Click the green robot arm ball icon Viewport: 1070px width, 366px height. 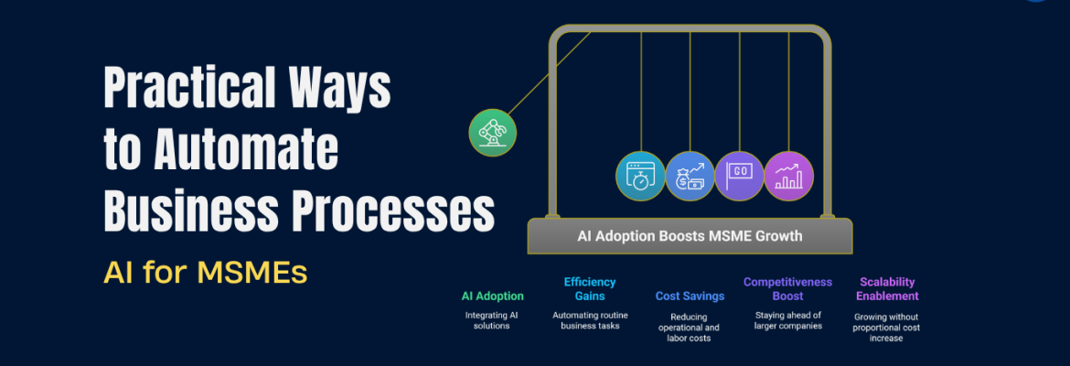[492, 132]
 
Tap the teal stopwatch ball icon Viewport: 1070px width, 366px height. [640, 176]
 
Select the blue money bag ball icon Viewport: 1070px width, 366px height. [690, 176]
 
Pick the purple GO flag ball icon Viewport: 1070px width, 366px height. [739, 176]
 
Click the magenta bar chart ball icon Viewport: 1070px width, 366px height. [788, 176]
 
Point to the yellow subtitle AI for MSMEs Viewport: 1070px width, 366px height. [205, 272]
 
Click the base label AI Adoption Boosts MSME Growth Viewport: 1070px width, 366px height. [690, 236]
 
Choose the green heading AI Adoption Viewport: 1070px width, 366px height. [492, 296]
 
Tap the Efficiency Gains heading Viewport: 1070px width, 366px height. [590, 288]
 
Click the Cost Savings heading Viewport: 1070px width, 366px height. [690, 296]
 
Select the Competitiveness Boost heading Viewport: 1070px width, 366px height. [787, 288]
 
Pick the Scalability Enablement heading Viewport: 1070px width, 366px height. [887, 288]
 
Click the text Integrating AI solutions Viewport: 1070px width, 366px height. [492, 320]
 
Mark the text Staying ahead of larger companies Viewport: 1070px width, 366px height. [787, 320]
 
